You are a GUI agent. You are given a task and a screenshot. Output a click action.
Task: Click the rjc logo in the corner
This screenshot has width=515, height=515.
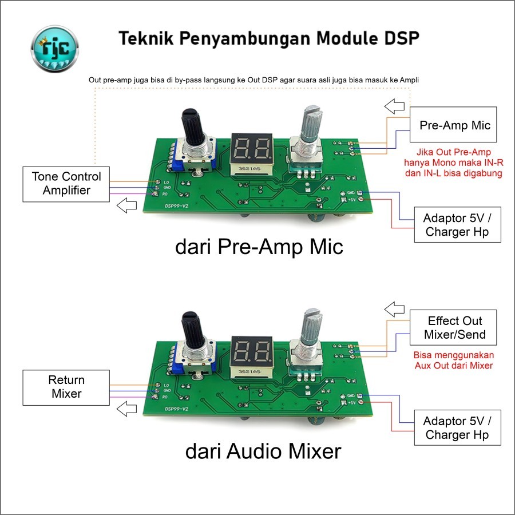56,46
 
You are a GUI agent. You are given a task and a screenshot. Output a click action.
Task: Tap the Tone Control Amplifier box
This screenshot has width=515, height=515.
66,183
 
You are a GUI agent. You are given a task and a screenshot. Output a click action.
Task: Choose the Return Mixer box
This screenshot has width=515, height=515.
66,387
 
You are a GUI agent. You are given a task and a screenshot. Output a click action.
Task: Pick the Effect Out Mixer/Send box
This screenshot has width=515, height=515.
454,327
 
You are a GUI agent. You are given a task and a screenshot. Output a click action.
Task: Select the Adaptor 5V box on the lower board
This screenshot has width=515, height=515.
457,428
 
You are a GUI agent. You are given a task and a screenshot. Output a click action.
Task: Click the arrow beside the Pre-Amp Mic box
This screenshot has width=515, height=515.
393,106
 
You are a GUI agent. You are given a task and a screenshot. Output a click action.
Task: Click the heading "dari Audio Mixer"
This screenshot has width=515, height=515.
263,451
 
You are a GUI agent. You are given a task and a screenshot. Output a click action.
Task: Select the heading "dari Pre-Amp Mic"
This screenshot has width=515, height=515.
259,247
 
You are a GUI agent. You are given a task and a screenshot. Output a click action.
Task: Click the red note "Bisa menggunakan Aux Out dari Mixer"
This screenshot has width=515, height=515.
452,360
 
